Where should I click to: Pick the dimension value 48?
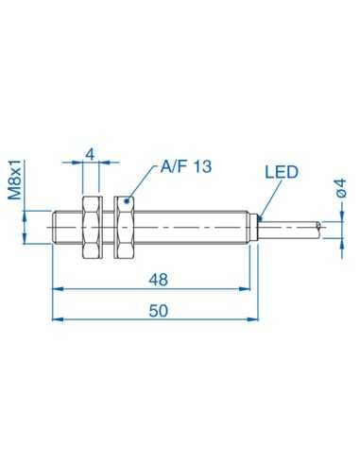tap(159, 281)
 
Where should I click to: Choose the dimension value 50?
tap(159, 311)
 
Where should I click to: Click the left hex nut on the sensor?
tap(93, 228)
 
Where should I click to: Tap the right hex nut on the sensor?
tap(124, 228)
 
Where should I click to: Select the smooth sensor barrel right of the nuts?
tap(194, 228)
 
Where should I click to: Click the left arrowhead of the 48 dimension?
tap(55, 289)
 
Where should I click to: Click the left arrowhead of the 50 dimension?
tap(55, 319)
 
